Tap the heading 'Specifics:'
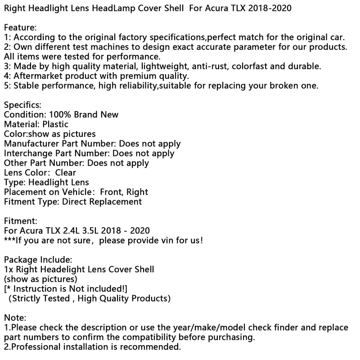[x=23, y=105]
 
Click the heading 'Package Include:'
[x=37, y=260]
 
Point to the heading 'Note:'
[x=15, y=318]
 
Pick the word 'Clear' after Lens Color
[x=66, y=172]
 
